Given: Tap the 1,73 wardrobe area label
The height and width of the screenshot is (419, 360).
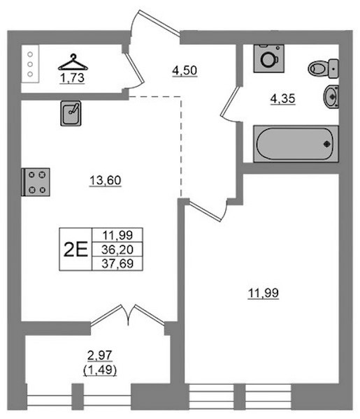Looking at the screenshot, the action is pos(72,78).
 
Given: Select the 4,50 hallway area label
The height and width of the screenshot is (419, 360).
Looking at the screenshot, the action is pos(185,71).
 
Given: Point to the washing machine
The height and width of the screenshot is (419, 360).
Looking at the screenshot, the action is pos(269,59).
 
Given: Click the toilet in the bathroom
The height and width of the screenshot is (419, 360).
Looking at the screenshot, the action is pos(323,68).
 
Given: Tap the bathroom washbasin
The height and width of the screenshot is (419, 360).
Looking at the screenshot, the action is pos(331,96).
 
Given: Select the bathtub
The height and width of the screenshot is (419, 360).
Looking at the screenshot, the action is pos(296,144).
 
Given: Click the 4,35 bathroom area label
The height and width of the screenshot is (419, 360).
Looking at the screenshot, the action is pos(282,98).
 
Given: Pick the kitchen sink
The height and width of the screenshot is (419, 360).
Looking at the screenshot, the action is pos(71,113).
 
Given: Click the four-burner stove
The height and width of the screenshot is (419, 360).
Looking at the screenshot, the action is pos(36,182).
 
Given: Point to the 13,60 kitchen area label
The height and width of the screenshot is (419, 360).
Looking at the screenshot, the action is pos(106,180).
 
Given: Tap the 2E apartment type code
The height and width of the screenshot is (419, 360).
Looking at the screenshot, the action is pos(75,249).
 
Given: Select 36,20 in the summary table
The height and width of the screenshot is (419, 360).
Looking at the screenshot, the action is pos(117,249).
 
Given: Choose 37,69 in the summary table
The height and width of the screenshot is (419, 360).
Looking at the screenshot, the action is pos(117,264).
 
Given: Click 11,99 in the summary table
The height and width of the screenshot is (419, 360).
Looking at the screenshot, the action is pos(117,235).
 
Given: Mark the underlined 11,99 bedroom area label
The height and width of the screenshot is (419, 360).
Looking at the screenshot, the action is pos(264,293).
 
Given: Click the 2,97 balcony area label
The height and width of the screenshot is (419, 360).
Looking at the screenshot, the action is pos(100,355).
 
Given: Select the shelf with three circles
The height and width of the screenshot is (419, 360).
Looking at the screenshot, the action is pos(30,64).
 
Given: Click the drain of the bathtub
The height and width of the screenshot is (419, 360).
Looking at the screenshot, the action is pos(327,144).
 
